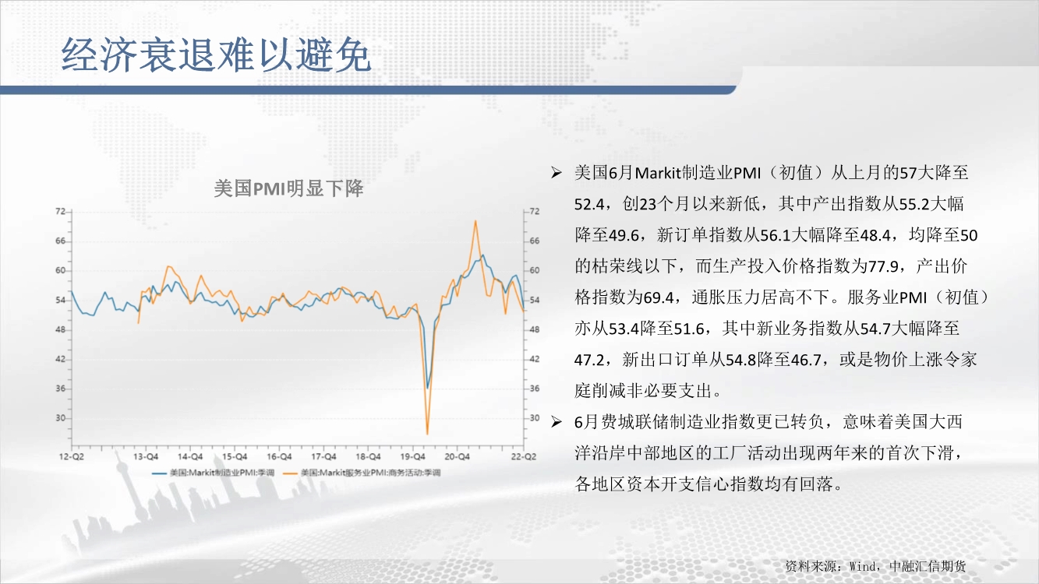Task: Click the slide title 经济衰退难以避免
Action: [x=216, y=55]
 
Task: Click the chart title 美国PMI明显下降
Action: [x=288, y=188]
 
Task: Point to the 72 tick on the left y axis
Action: [x=61, y=211]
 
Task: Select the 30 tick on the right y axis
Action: [x=535, y=418]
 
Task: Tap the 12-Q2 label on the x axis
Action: [x=72, y=456]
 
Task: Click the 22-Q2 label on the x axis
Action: [x=524, y=456]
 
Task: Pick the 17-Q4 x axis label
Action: [x=323, y=456]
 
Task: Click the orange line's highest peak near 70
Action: [x=475, y=221]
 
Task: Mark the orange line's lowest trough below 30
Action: [x=427, y=434]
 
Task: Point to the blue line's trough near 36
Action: [x=428, y=388]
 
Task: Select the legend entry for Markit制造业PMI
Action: [x=214, y=473]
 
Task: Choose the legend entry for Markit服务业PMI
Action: [x=362, y=473]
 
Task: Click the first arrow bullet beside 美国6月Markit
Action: [x=557, y=173]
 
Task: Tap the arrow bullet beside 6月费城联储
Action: [x=557, y=422]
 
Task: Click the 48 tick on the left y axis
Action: [x=61, y=329]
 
